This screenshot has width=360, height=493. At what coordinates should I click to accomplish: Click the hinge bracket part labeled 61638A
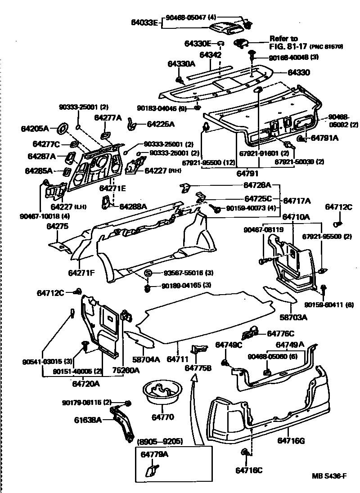pos(124,421)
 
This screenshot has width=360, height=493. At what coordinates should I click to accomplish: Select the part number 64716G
pos(291,441)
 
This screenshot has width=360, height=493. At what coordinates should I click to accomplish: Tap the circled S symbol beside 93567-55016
pos(147,273)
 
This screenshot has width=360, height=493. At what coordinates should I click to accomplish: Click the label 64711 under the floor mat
pos(177,359)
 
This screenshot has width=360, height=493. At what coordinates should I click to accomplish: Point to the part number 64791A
pos(324,138)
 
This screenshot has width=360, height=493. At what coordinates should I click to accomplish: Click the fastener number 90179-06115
pos(87,402)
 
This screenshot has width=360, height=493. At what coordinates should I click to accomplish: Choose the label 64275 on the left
pos(57,227)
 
